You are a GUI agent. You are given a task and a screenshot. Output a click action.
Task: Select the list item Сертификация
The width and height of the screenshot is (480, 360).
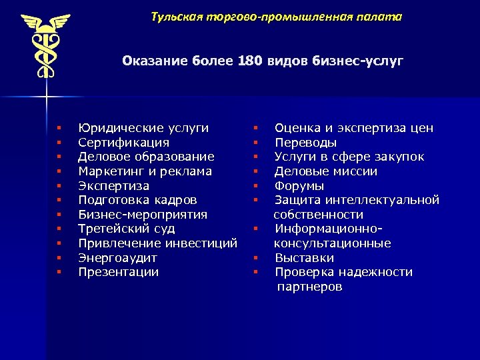pyautogui.click(x=123, y=143)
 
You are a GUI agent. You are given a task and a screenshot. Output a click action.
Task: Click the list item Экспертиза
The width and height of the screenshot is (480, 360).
pyautogui.click(x=113, y=186)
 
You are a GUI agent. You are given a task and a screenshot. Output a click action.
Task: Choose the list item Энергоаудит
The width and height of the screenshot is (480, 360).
pyautogui.click(x=117, y=258)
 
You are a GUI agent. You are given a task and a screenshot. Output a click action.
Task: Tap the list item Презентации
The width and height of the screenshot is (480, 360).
pyautogui.click(x=118, y=272)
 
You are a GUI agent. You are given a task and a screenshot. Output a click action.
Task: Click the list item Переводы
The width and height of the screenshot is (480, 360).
pyautogui.click(x=305, y=143)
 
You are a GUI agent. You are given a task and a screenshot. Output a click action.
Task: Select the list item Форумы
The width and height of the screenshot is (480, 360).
pyautogui.click(x=299, y=186)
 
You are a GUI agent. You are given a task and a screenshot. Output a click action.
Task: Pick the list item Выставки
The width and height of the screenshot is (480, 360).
pyautogui.click(x=304, y=258)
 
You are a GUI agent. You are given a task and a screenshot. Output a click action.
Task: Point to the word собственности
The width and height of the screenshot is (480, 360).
pyautogui.click(x=319, y=215)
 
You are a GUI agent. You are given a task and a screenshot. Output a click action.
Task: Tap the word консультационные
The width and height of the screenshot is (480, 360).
pyautogui.click(x=333, y=243)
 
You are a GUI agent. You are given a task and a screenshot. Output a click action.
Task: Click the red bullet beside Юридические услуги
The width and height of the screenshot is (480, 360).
pyautogui.click(x=59, y=128)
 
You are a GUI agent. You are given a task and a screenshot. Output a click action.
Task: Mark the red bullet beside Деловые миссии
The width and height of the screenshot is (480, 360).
pyautogui.click(x=255, y=171)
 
